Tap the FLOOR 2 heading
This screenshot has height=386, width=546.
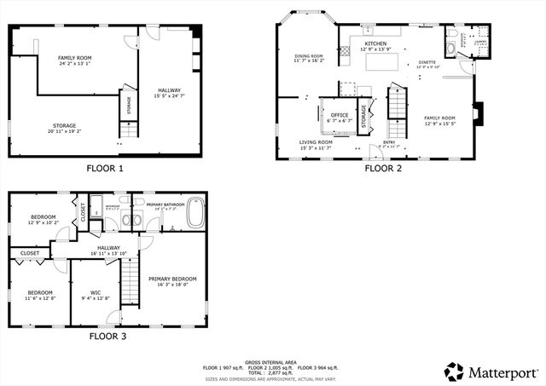pos(383,168)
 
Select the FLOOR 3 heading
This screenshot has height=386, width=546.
pos(107,336)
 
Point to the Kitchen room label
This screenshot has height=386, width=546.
pos(376,43)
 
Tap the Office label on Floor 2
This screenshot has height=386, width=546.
pos(340,115)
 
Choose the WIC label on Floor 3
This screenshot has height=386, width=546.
pos(94,294)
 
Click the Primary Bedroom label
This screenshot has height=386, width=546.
pos(172,279)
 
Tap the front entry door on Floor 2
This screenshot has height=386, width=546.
pos(391,158)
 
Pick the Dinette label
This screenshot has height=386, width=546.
pos(427,62)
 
